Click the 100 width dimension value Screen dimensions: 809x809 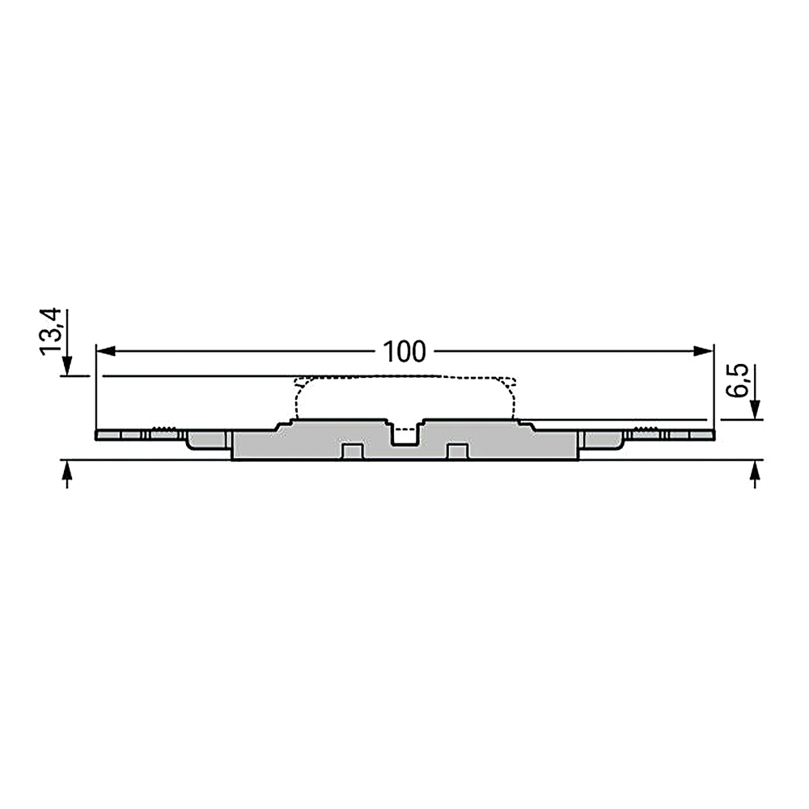[404, 351]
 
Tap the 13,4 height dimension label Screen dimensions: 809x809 [51, 332]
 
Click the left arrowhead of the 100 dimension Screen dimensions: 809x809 [105, 351]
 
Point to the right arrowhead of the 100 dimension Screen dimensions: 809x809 [703, 351]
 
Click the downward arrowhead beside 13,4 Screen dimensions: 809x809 [66, 366]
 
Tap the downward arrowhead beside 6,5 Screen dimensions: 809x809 [756, 410]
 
